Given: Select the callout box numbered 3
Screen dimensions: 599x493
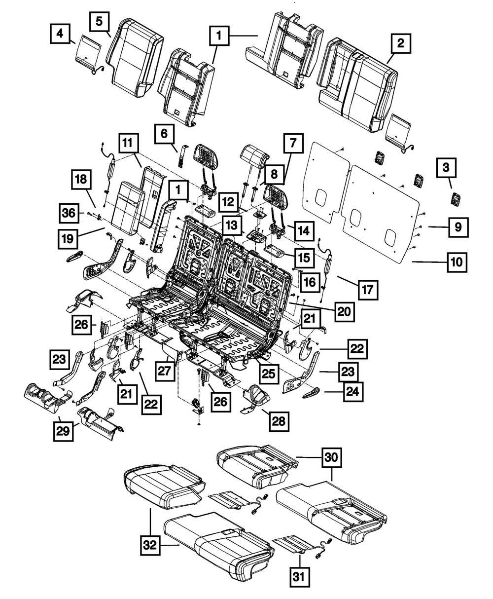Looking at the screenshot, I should pos(446,168).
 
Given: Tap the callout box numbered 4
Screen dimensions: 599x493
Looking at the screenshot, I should pos(60,34).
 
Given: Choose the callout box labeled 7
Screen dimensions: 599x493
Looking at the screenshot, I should pos(293,144).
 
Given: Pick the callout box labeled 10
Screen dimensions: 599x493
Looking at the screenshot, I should pos(457,262).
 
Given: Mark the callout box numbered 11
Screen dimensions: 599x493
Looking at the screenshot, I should pos(128,144).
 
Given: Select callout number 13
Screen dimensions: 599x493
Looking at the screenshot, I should pos(232,225).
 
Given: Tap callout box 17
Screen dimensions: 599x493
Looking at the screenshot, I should pos(368,290).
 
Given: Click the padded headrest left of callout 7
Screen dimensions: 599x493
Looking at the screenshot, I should pos(254,155).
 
